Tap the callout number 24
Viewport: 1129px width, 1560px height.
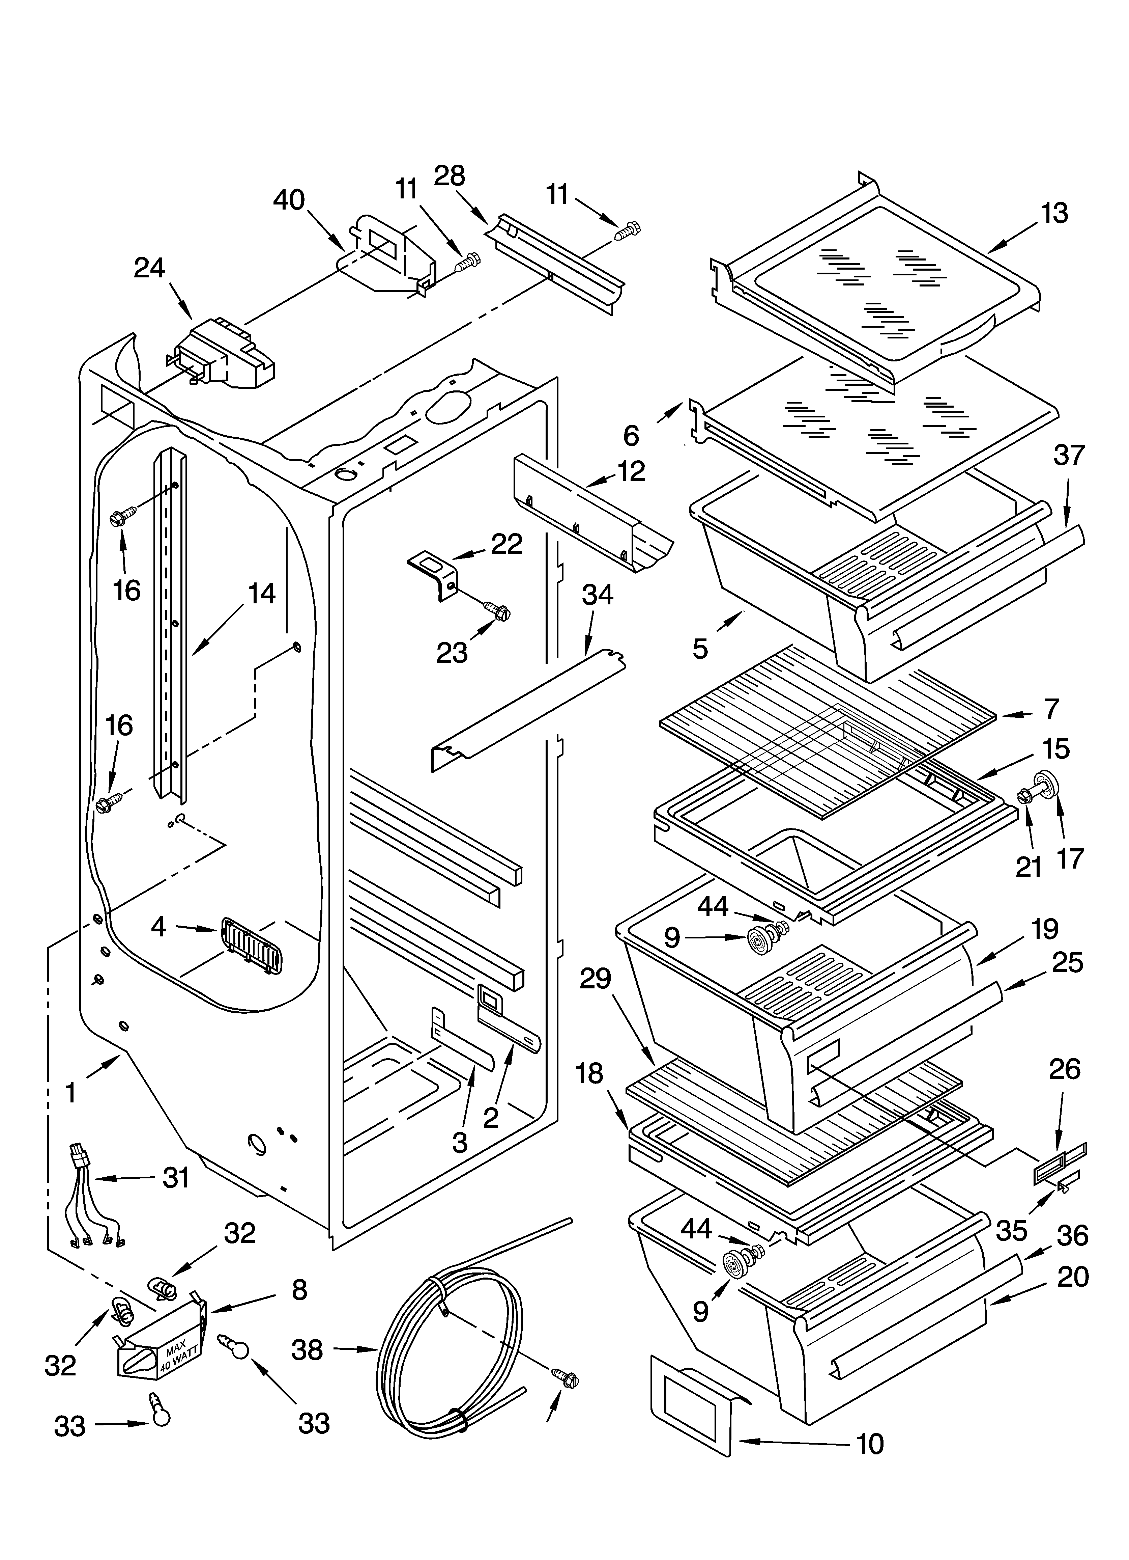click(x=149, y=268)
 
